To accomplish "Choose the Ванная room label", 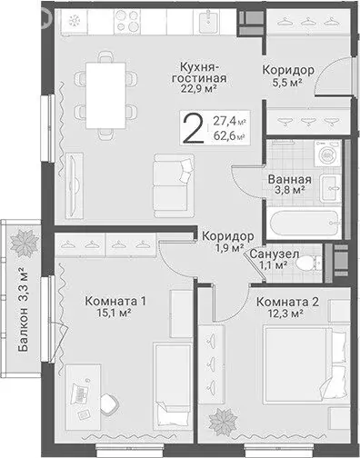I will click(290, 179).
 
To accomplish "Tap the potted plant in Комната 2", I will click(221, 420).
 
